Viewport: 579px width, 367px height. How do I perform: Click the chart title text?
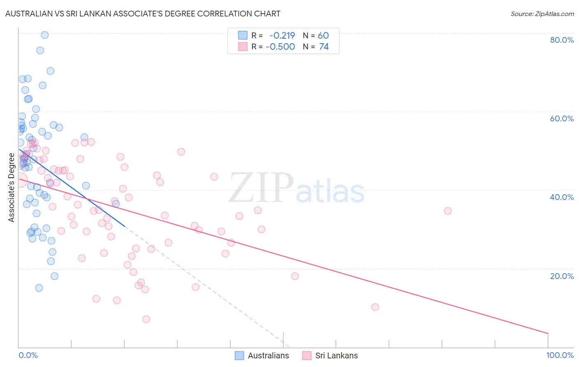click(x=142, y=14)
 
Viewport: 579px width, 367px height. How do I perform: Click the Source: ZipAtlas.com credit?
click(x=542, y=14)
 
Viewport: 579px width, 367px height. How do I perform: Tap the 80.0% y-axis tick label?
click(x=562, y=40)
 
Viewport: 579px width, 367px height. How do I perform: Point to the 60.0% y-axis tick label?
click(x=562, y=118)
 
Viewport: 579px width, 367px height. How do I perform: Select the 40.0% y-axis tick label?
click(x=562, y=197)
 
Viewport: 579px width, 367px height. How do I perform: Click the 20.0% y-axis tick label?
click(x=562, y=276)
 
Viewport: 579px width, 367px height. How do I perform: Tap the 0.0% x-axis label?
click(x=28, y=355)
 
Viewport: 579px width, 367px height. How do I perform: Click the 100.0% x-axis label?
click(x=560, y=355)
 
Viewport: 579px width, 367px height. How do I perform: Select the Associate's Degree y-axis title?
click(x=12, y=188)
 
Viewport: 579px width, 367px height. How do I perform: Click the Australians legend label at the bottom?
click(x=268, y=355)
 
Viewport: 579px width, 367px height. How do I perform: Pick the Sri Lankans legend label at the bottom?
click(x=336, y=355)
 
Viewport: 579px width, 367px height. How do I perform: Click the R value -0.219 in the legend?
click(x=282, y=36)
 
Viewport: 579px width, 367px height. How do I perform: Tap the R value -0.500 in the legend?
click(x=280, y=47)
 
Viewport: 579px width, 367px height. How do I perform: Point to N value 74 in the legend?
click(x=324, y=47)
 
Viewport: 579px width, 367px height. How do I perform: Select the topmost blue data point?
click(x=45, y=35)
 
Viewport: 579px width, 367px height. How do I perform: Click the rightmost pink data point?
click(x=448, y=211)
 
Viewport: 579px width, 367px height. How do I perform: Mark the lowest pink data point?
click(x=146, y=319)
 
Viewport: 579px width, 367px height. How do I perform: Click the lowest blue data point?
click(x=39, y=288)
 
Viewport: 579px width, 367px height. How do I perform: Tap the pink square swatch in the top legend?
click(x=243, y=46)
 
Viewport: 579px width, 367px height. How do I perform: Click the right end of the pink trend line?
click(x=548, y=333)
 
